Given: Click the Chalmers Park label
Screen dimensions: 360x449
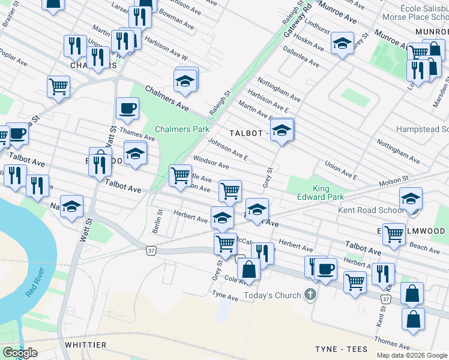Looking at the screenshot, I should click(x=182, y=129).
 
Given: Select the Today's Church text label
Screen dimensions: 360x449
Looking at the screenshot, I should click(x=273, y=295).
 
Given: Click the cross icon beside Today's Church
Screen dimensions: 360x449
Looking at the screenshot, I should click(x=310, y=295).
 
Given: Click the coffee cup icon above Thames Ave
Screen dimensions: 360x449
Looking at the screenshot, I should click(x=127, y=109).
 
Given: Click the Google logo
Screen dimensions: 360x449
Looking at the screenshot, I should click(x=20, y=353).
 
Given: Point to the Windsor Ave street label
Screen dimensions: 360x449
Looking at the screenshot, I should click(x=210, y=163).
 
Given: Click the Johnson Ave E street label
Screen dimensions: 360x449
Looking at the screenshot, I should click(x=228, y=149).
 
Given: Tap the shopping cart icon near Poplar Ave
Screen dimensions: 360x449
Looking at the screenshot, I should click(x=59, y=86).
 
